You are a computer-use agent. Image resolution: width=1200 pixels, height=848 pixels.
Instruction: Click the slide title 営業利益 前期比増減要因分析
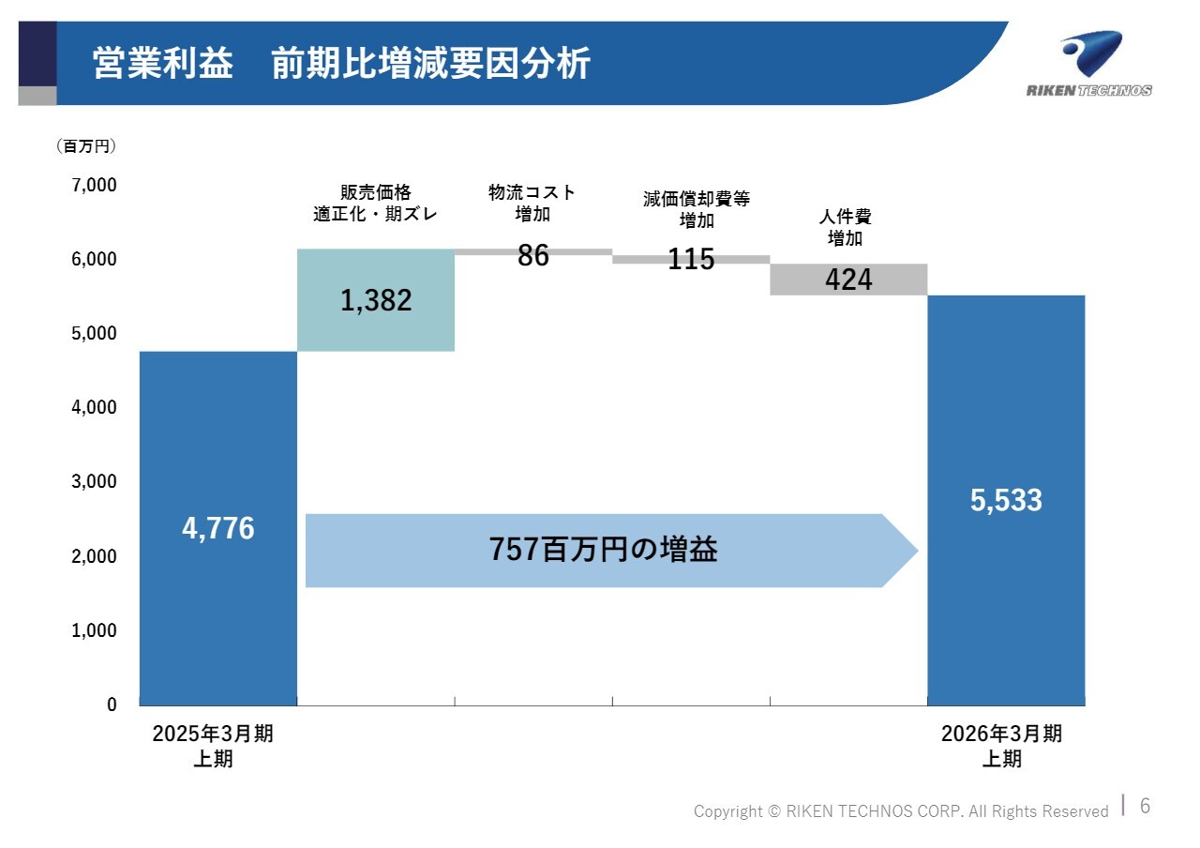click(341, 65)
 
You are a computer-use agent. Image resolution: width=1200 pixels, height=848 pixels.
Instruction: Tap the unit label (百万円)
click(86, 146)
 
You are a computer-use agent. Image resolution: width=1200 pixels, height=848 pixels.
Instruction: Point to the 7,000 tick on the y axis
click(95, 185)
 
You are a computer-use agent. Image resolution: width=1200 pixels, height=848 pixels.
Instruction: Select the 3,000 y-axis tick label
click(95, 482)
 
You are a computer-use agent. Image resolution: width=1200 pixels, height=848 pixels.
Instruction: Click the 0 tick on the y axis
click(112, 704)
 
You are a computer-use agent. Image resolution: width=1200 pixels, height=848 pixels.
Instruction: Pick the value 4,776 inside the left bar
click(217, 529)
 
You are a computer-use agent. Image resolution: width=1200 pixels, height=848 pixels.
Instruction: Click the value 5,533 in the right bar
click(1006, 501)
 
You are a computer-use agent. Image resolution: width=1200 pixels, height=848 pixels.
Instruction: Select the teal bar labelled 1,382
click(376, 300)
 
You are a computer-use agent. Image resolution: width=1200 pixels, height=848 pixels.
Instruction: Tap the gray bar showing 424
click(848, 280)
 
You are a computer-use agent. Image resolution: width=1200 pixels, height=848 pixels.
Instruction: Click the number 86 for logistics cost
click(533, 255)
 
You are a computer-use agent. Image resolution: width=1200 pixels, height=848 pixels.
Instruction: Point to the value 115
click(691, 260)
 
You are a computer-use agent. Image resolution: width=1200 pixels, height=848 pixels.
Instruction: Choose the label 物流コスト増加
click(532, 203)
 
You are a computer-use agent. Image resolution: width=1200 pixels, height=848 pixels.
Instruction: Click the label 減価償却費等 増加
click(697, 209)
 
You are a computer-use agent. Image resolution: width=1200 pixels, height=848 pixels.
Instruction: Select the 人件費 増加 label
click(846, 228)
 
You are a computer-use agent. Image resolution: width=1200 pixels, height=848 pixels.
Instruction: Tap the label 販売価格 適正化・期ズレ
click(376, 203)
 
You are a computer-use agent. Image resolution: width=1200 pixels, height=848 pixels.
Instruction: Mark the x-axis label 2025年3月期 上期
click(213, 746)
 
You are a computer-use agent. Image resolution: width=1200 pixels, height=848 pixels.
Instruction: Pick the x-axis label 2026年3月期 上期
click(1001, 746)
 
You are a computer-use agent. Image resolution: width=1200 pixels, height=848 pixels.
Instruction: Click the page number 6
click(1145, 806)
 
